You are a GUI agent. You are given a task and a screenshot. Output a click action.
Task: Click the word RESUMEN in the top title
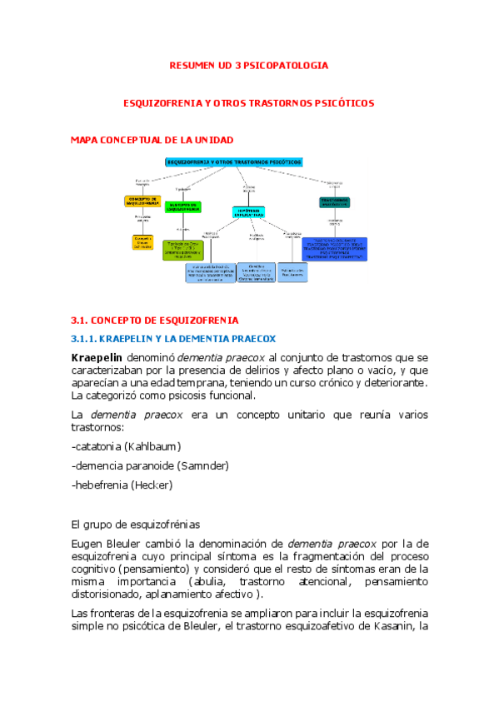[193, 65]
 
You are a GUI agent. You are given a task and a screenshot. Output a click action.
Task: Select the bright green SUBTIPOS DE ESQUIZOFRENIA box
[182, 206]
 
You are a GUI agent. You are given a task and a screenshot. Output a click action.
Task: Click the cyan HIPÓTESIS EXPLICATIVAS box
[247, 213]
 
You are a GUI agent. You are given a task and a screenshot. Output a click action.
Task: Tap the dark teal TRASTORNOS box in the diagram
[334, 201]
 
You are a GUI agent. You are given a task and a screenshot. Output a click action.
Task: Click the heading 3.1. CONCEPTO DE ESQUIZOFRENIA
[155, 320]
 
